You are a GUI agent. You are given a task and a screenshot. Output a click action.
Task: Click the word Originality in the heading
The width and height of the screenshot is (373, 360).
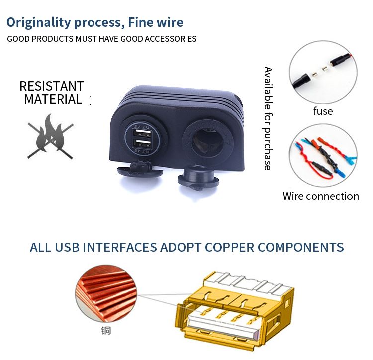coord(38,23)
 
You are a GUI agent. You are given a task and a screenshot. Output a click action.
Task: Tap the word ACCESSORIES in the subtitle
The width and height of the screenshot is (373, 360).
coord(171,39)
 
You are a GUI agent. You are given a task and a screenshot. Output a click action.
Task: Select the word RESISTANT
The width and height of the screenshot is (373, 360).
coord(52,86)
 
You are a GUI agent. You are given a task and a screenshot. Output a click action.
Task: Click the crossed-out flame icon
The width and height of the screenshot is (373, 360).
coord(50,136)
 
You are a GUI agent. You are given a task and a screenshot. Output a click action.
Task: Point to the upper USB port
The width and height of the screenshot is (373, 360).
coord(143,133)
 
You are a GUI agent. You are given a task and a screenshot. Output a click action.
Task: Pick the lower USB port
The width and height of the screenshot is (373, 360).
coord(143,144)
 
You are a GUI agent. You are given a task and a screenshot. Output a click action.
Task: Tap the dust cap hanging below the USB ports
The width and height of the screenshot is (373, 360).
coord(140,169)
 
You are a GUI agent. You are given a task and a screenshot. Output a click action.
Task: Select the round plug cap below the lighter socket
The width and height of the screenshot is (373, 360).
coord(198,178)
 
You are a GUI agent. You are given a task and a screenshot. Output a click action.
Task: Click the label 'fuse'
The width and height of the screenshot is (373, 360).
coord(323,111)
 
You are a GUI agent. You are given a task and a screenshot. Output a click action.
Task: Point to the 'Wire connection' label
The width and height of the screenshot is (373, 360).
coord(321,196)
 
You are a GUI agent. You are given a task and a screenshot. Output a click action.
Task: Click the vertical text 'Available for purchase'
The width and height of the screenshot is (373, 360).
coord(268,119)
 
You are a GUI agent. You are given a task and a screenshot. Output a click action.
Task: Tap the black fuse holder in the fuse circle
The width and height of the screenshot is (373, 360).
coord(301,81)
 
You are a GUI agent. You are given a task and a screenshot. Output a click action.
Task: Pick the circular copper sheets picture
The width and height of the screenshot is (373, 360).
coord(106,294)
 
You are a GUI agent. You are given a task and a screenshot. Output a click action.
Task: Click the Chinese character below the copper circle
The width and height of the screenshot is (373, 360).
coord(106,331)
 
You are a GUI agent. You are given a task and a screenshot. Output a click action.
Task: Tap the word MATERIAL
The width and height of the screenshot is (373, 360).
coord(53,99)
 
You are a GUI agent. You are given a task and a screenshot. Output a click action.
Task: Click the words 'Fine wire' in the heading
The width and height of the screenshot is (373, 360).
coord(156,22)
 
